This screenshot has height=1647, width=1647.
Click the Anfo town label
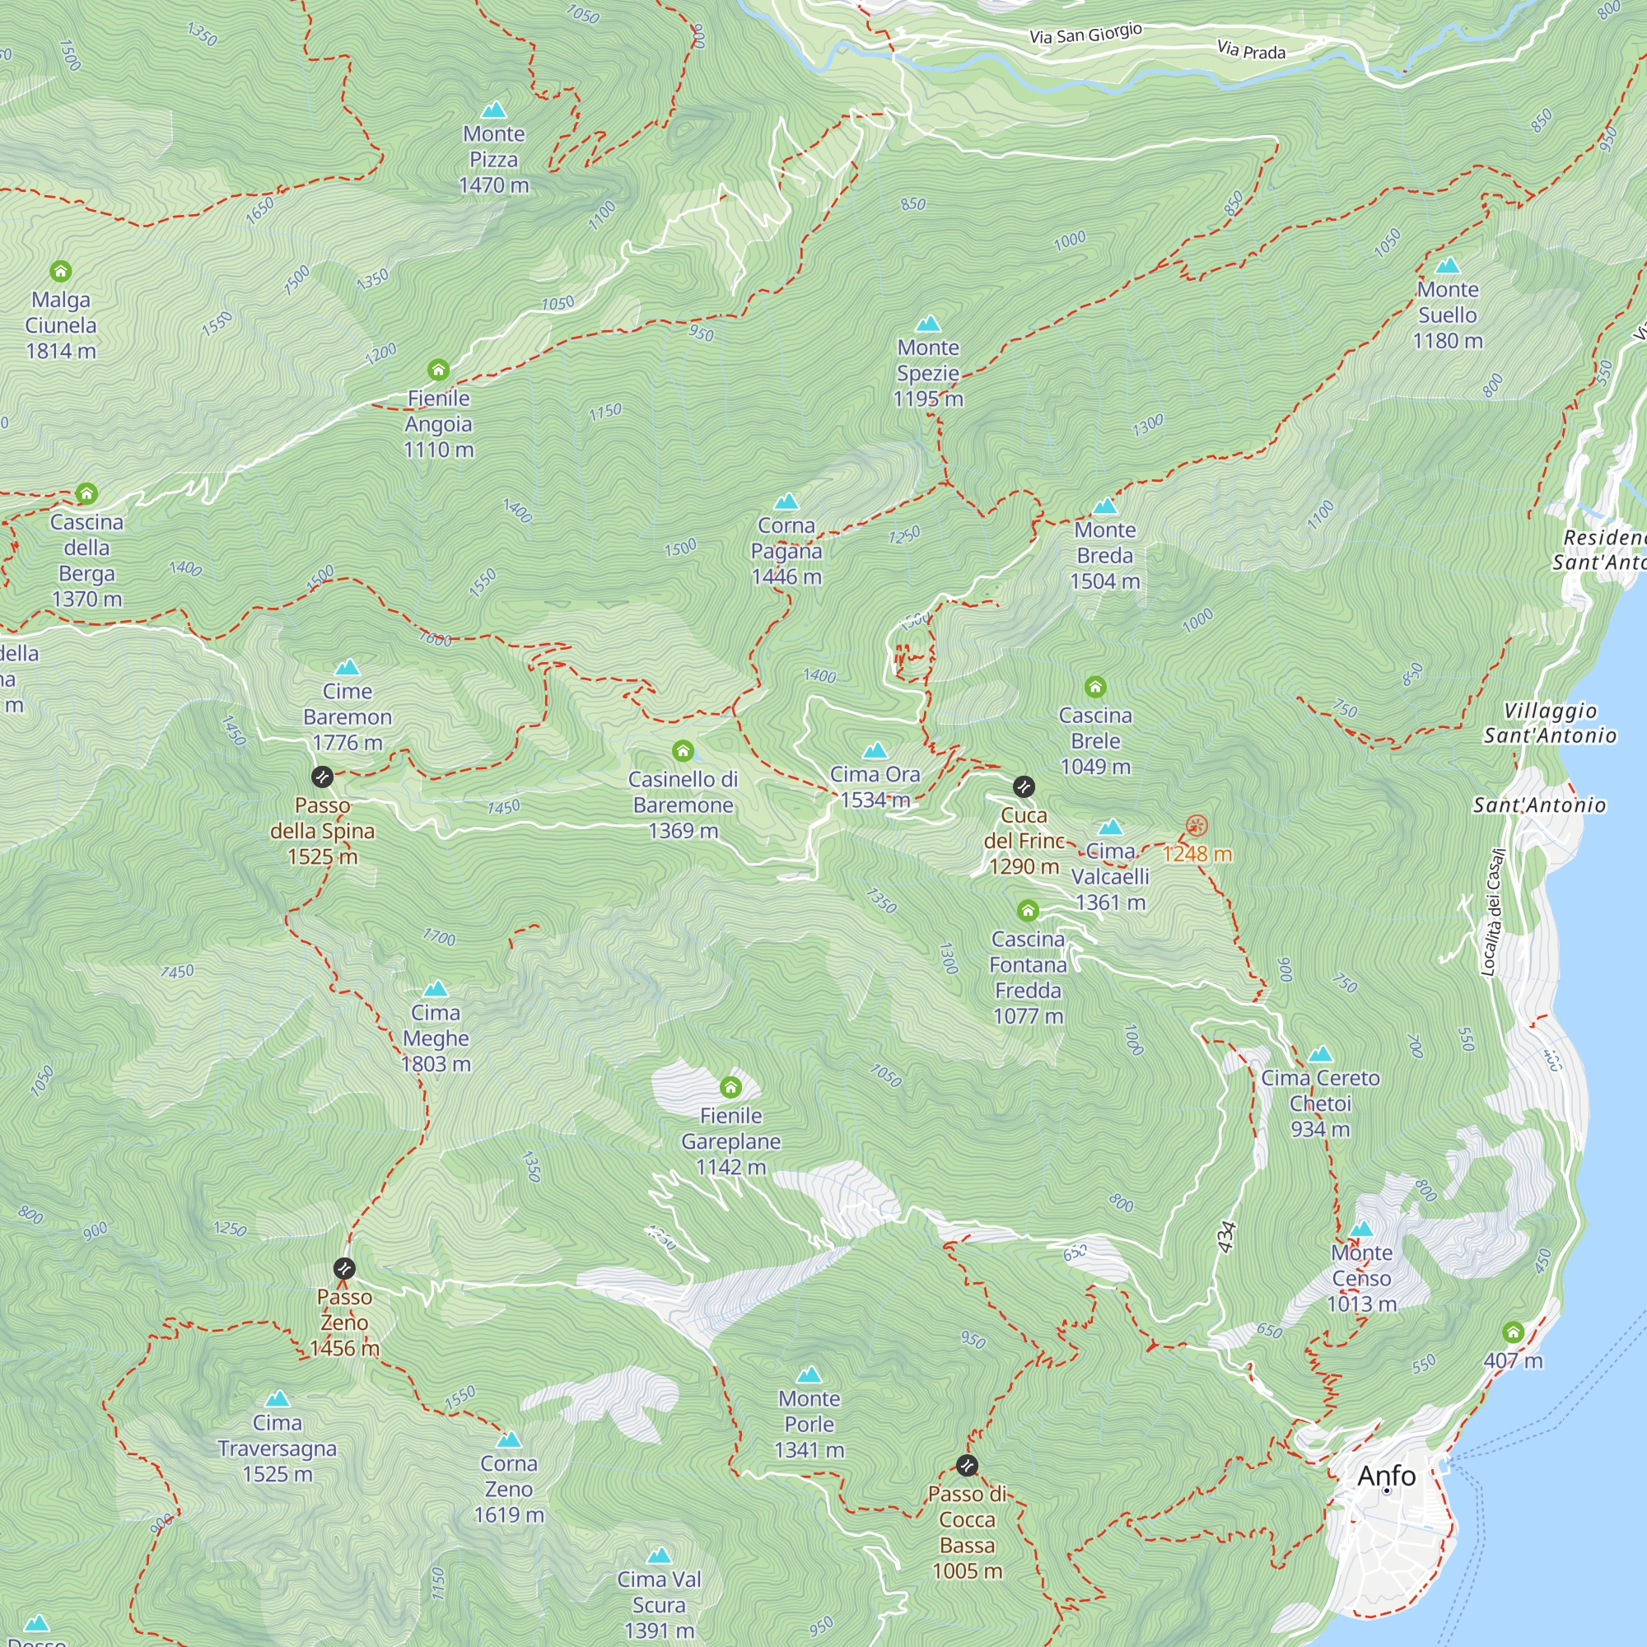tap(1386, 1476)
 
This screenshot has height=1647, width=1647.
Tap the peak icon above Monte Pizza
tap(493, 110)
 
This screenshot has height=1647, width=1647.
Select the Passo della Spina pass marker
tap(321, 777)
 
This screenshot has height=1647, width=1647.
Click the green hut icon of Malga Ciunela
tap(60, 271)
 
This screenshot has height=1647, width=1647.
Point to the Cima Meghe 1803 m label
tap(436, 1038)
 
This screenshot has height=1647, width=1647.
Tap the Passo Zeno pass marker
tap(343, 1268)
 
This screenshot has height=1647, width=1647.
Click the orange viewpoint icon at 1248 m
tap(1196, 825)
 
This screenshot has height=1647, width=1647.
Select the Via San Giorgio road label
tap(1085, 34)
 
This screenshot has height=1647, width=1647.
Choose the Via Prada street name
tap(1251, 50)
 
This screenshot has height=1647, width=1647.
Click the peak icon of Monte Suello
tap(1448, 265)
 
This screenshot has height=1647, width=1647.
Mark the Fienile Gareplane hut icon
tap(730, 1087)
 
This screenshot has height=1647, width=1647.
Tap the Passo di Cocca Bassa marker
tap(967, 1466)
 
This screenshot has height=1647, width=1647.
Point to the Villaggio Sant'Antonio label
tap(1549, 723)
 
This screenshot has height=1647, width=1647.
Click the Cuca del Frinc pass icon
tap(1024, 786)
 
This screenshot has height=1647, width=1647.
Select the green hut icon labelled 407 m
tap(1513, 1332)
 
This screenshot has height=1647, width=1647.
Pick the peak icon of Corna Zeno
tap(509, 1439)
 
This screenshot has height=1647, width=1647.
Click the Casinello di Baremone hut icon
tap(683, 751)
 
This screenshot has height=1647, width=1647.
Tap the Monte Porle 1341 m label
tap(809, 1424)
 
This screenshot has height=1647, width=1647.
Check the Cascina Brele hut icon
tap(1095, 687)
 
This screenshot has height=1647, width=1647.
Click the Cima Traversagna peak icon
tap(277, 1399)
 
